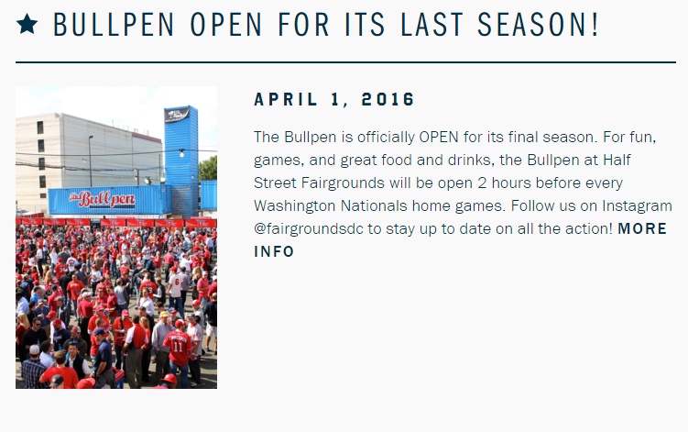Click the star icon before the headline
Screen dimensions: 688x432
(x=27, y=24)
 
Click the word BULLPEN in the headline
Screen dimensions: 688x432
(x=114, y=25)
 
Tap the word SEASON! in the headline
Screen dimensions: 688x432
(x=538, y=25)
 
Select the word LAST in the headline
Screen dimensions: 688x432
(x=431, y=25)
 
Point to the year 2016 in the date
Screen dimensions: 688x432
(x=388, y=99)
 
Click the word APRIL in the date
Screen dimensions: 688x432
(x=286, y=99)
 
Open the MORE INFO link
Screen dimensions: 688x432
(x=460, y=240)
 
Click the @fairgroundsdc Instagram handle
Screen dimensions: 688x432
(x=309, y=229)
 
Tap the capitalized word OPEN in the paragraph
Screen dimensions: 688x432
(x=438, y=137)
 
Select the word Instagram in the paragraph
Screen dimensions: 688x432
(x=637, y=206)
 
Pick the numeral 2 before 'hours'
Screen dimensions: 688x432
(x=482, y=183)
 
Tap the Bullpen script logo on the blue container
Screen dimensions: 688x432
(x=103, y=200)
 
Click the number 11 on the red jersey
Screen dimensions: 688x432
(x=178, y=347)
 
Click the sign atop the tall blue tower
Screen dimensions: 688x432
(x=177, y=116)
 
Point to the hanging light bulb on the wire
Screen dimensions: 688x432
(x=181, y=153)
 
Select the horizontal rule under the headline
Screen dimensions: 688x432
(x=345, y=62)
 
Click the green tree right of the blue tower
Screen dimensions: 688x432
(x=208, y=169)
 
